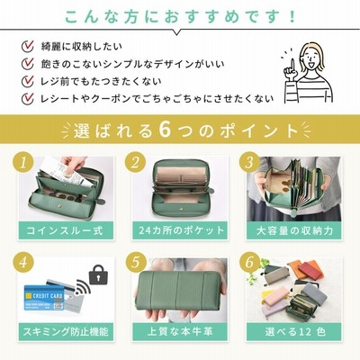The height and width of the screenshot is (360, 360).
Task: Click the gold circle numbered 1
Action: (x=22, y=163)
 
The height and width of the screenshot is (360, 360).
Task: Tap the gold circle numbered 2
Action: (x=135, y=163)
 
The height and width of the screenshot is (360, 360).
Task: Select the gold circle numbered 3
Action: (x=249, y=163)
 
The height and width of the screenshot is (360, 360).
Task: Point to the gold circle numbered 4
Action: (x=22, y=263)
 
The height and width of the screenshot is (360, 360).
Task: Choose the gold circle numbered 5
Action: (x=135, y=263)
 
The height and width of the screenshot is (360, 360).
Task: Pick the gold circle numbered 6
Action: (x=249, y=263)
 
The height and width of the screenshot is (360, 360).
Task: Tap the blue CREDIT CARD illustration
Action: (x=44, y=298)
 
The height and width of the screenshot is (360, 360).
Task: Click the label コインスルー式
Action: (x=66, y=230)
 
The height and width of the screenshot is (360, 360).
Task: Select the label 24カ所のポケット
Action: (x=181, y=230)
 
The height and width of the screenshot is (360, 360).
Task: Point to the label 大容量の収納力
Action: (x=294, y=230)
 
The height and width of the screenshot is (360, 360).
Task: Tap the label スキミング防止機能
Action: (x=66, y=332)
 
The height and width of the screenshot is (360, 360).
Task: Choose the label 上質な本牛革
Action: (x=180, y=332)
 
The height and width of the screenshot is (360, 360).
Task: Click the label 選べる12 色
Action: (x=295, y=332)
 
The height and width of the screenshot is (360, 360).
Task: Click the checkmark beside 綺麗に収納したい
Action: (x=28, y=47)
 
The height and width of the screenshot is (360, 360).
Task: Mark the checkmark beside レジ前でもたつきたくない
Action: (x=28, y=81)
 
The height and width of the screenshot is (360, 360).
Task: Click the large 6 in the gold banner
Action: (x=165, y=130)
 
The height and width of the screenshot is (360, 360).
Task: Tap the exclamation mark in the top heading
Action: (x=292, y=17)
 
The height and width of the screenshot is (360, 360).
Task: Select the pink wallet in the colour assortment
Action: (x=276, y=296)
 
